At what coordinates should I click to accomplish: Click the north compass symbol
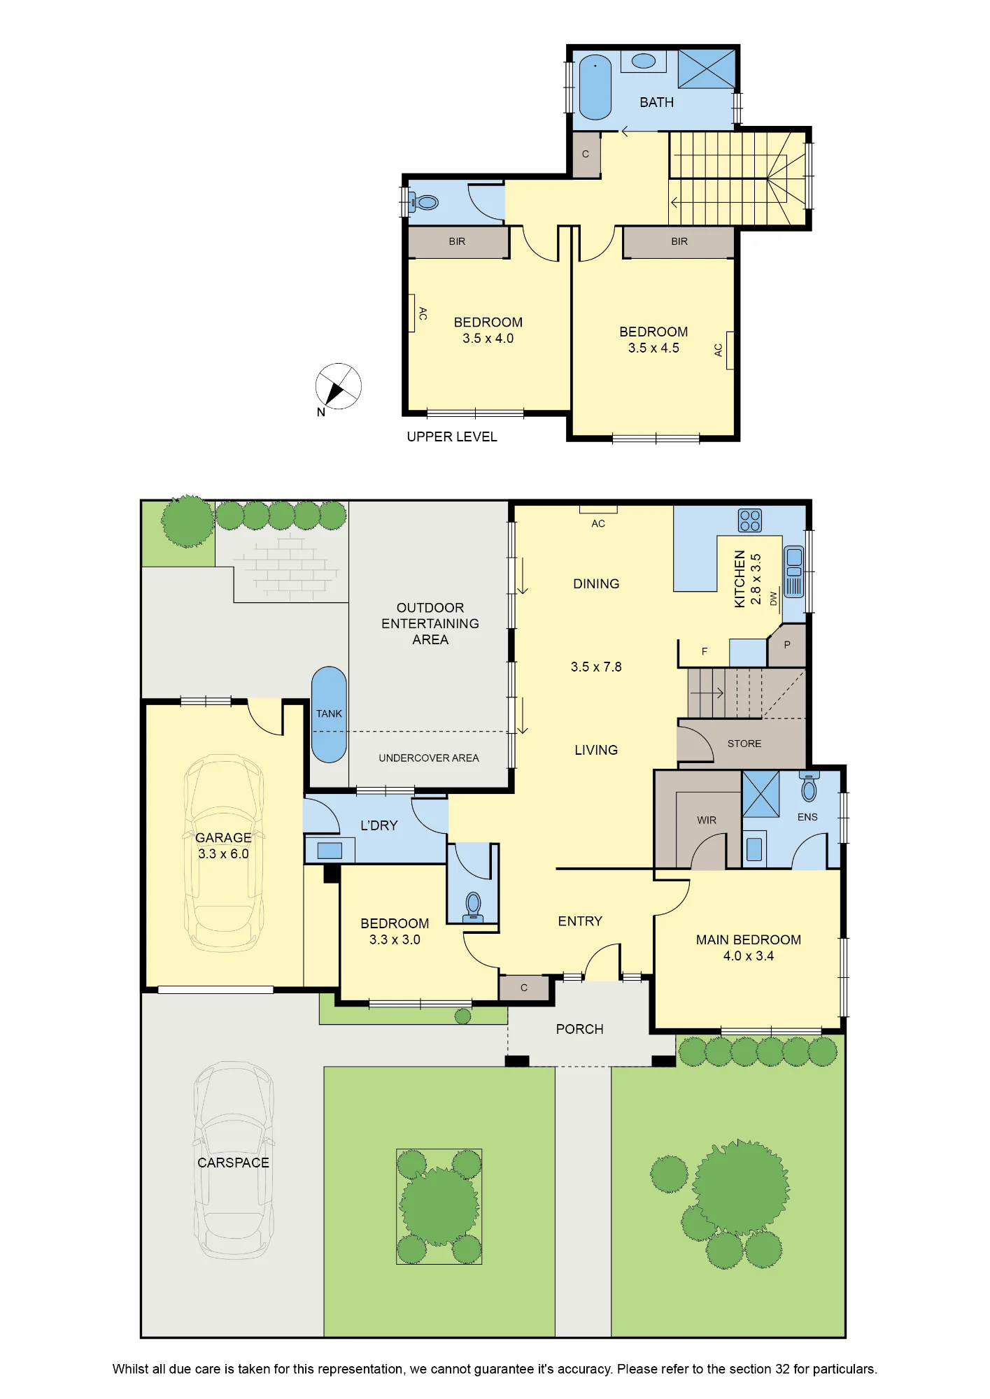(338, 387)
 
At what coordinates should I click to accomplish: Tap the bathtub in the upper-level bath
(595, 87)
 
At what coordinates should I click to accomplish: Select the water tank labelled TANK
(329, 714)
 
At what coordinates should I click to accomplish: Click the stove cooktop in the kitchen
(750, 520)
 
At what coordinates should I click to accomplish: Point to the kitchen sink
(793, 571)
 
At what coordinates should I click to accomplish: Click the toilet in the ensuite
(809, 787)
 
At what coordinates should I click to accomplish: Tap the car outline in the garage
(224, 853)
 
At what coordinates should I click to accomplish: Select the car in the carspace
(234, 1162)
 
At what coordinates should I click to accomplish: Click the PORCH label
(579, 1029)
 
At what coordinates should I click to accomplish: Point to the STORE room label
(744, 744)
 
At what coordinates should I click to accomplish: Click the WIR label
(707, 820)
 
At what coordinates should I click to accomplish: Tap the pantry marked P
(787, 645)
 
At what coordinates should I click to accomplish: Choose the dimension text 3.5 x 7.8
(596, 667)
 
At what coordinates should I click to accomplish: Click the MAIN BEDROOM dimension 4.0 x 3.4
(749, 956)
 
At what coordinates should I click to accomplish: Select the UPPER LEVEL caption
(452, 436)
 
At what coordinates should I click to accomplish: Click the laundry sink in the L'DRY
(330, 851)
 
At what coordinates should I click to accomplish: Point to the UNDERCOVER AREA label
(429, 758)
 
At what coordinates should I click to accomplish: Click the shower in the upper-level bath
(707, 69)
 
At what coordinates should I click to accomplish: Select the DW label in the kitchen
(773, 599)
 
